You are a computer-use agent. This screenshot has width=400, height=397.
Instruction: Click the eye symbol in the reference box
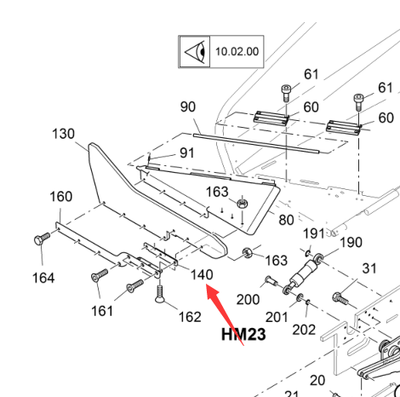coord(195,52)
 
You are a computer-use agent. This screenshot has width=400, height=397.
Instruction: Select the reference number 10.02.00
coord(237,52)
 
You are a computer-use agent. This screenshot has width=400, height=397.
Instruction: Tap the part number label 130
coord(63,134)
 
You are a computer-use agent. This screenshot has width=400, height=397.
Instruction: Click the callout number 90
coord(188,106)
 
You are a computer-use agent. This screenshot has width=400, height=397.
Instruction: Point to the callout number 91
coord(187,152)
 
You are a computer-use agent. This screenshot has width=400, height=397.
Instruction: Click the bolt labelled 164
coord(42,239)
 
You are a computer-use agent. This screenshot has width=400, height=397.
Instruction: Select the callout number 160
coord(61,196)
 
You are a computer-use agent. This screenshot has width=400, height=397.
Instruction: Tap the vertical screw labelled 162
coord(160,294)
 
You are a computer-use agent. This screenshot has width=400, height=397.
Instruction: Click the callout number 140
coord(202,274)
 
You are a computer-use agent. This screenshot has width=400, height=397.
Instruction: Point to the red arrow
coord(225,314)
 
